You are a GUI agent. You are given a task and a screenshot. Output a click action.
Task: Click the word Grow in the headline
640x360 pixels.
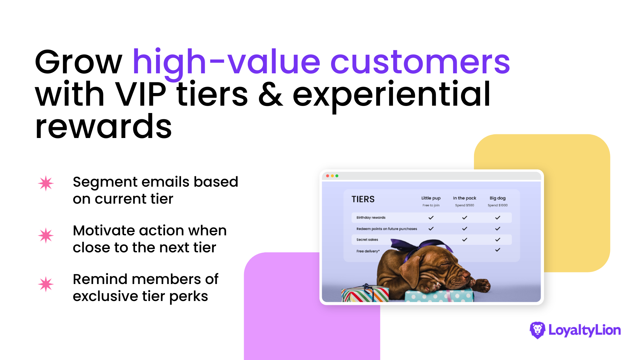click(x=79, y=62)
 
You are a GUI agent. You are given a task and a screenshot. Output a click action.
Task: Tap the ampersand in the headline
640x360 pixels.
click(x=270, y=94)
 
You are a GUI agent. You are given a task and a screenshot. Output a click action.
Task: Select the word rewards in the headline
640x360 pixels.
click(x=103, y=127)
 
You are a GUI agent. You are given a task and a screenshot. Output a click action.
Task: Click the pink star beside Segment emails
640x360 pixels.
click(x=46, y=183)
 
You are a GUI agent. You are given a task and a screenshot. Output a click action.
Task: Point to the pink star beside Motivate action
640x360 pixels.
click(x=46, y=235)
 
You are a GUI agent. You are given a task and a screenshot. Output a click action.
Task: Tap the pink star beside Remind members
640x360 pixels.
click(x=46, y=284)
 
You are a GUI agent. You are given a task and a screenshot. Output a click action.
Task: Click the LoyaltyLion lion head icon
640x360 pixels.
click(x=537, y=330)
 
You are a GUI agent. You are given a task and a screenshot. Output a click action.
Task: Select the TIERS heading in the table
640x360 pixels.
click(x=363, y=199)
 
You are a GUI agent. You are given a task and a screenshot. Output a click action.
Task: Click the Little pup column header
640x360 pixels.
click(x=431, y=198)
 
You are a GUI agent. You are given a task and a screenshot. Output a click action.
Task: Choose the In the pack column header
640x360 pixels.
click(x=464, y=198)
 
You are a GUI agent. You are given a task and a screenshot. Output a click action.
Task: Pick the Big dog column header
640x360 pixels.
click(x=497, y=198)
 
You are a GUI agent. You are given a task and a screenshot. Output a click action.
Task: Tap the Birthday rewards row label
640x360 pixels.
click(x=371, y=218)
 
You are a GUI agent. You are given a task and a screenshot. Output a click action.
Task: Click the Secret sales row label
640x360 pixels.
click(x=367, y=240)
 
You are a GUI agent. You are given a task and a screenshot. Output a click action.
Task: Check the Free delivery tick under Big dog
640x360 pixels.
click(x=498, y=250)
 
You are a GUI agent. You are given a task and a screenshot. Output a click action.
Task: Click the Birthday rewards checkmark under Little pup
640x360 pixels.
click(x=431, y=218)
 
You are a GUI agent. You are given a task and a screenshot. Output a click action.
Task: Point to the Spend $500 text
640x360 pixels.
click(x=464, y=205)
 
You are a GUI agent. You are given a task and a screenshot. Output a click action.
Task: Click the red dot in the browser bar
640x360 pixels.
click(x=328, y=176)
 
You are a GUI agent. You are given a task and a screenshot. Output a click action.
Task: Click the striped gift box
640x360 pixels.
click(x=365, y=294)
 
